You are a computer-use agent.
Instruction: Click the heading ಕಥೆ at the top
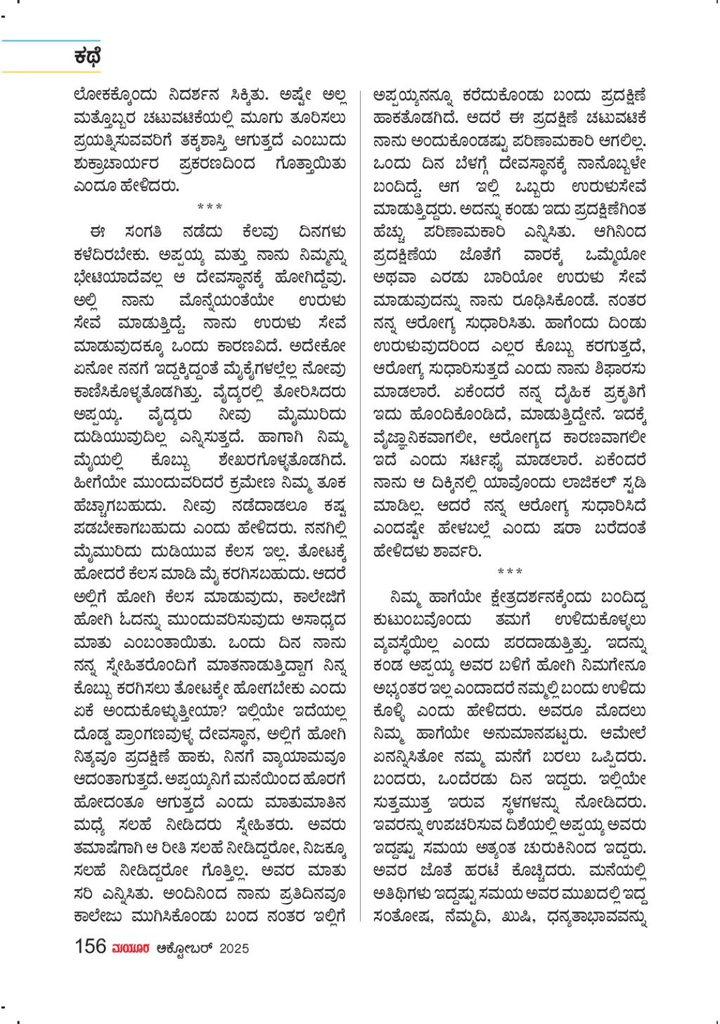point(87,56)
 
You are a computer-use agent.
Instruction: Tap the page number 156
point(90,946)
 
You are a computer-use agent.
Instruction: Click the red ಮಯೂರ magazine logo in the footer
point(131,948)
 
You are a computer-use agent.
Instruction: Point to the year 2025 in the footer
point(234,948)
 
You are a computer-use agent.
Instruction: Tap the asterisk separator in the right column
point(510,572)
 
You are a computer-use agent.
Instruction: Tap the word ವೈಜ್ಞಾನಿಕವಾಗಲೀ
point(424,437)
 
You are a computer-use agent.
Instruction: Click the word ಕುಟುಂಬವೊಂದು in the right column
point(422,620)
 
